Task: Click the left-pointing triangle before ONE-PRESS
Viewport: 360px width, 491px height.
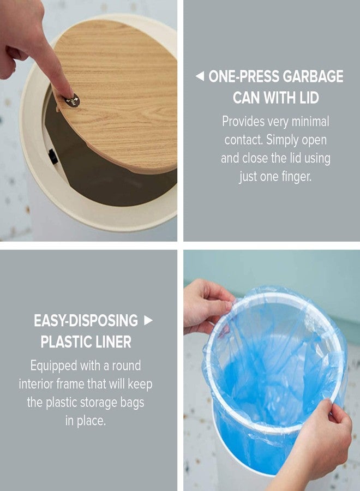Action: (x=200, y=76)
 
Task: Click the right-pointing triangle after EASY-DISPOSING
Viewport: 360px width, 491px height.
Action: (x=148, y=320)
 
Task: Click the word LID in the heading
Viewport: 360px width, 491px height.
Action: (x=306, y=98)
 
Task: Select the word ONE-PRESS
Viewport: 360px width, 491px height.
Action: (x=245, y=76)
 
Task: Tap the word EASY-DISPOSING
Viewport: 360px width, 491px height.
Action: (x=86, y=320)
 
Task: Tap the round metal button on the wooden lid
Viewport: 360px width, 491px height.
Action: (x=72, y=100)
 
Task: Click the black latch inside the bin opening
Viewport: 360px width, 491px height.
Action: (x=53, y=157)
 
